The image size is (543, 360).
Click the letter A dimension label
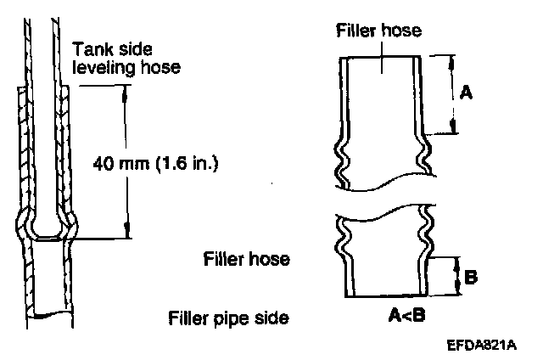(x=465, y=94)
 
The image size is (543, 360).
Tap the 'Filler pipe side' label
(x=228, y=318)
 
